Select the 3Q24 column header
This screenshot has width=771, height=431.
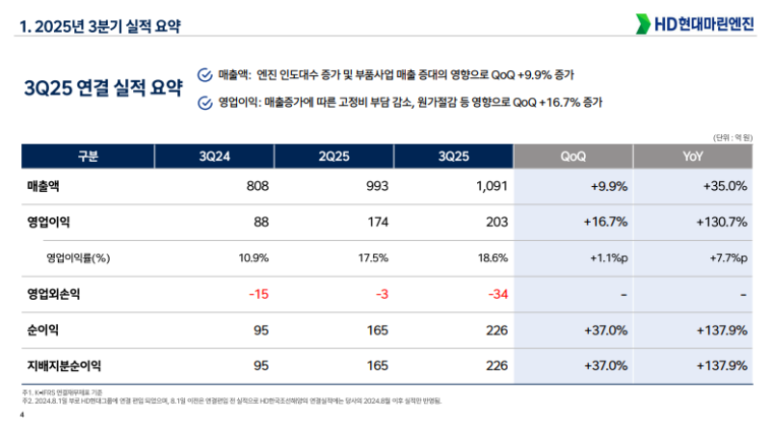click(214, 155)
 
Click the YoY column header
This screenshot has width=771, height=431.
click(692, 155)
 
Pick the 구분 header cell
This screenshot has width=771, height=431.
click(88, 155)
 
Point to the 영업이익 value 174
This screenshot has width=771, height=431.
click(374, 222)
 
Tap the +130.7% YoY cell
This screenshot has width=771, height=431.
click(721, 222)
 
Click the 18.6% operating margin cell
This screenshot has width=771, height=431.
click(492, 257)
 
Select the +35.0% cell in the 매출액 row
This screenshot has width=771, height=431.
click(724, 185)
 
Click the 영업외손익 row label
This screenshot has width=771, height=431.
click(57, 293)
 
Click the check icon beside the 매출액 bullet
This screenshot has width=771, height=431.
click(203, 74)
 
